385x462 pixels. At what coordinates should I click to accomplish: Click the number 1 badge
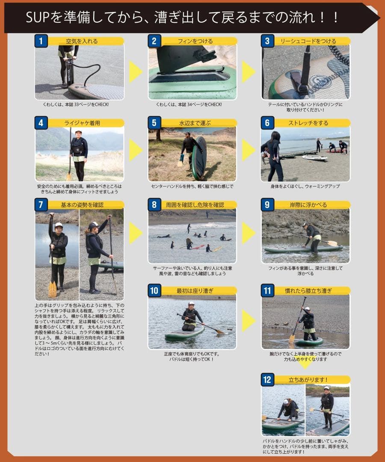(x=41, y=41)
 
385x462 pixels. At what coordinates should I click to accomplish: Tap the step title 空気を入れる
(x=82, y=41)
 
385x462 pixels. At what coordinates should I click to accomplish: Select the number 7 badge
(x=41, y=204)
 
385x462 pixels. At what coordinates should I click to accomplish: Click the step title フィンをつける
(x=195, y=41)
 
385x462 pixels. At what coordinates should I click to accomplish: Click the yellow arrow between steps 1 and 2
(x=135, y=71)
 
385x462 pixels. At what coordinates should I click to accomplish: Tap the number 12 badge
(x=267, y=379)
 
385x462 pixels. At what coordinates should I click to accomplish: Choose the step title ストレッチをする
(x=308, y=123)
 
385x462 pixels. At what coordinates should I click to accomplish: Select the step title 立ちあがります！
(x=308, y=380)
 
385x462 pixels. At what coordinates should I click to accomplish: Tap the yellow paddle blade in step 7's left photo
(x=52, y=289)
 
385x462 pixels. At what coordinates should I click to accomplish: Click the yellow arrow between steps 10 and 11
(x=248, y=320)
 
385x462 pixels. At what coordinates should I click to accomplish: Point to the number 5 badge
(x=154, y=123)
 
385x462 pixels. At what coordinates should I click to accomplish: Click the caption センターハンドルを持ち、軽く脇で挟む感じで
(x=192, y=187)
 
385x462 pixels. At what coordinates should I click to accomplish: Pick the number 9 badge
(x=267, y=204)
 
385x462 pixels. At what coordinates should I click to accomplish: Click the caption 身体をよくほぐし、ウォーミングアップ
(x=305, y=187)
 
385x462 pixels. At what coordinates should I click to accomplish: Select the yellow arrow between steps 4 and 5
(x=135, y=150)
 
